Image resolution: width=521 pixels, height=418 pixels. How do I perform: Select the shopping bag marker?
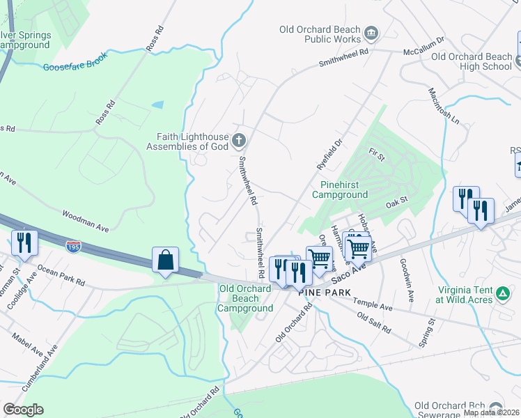[165, 261]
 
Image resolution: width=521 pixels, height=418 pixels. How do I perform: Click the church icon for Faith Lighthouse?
[239, 141]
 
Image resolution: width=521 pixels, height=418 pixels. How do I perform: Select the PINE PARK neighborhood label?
[322, 293]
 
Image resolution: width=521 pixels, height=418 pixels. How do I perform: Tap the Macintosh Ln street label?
[444, 107]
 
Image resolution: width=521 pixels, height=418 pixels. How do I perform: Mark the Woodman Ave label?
[86, 219]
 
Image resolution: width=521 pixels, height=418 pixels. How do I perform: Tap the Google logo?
[23, 410]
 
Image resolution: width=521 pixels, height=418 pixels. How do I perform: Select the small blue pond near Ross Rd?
[158, 104]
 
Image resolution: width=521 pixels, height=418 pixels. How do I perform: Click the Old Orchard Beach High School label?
[472, 61]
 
